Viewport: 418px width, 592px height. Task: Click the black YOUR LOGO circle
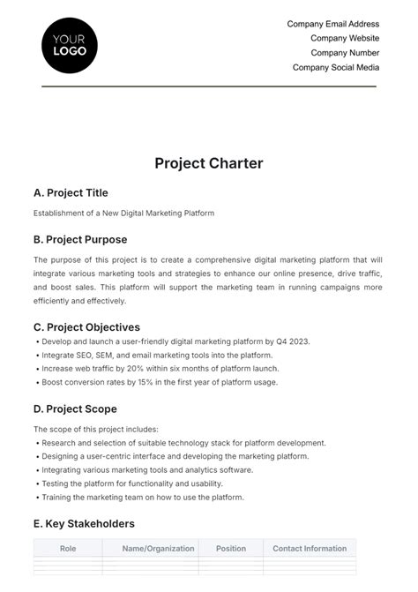(70, 43)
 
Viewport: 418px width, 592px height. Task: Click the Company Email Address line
(333, 24)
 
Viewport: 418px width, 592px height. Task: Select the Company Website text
(345, 38)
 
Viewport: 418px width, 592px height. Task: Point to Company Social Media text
(336, 67)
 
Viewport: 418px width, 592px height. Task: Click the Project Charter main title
(209, 163)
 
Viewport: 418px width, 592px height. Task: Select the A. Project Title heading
(71, 192)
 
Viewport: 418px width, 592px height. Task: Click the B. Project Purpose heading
(80, 239)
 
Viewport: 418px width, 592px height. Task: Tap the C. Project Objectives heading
(86, 327)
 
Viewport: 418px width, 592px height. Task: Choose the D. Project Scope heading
(75, 408)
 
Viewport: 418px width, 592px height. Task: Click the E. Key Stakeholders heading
(84, 523)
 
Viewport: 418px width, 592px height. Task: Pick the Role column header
(68, 548)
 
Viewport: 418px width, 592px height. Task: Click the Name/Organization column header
(159, 548)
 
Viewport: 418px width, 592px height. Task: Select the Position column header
(231, 548)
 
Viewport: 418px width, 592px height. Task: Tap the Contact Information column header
(309, 548)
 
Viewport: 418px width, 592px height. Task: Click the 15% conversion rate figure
(137, 382)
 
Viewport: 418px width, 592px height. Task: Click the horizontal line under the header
(209, 86)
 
